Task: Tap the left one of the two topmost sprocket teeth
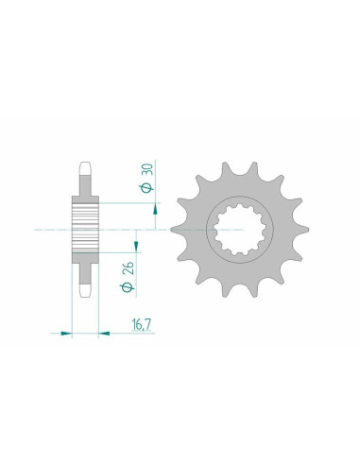tap(223, 171)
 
